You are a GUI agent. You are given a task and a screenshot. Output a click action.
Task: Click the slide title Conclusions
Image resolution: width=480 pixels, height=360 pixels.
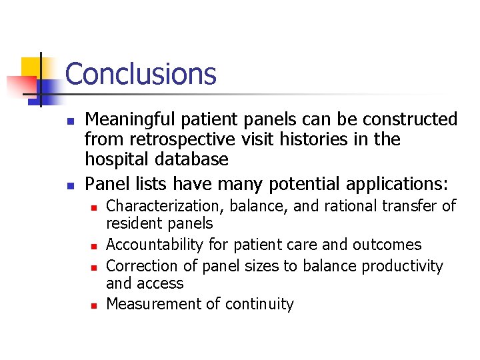[141, 73]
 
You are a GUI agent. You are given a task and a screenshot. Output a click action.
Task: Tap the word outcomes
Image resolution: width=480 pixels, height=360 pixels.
[389, 245]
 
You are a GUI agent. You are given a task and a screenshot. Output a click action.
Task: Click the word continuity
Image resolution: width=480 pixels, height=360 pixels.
[262, 304]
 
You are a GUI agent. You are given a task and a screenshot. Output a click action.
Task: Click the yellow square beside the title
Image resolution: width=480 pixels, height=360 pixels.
[32, 67]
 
